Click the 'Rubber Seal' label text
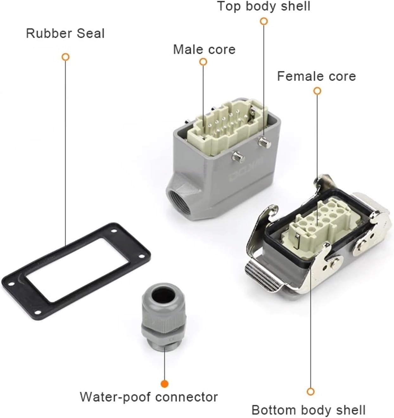[65, 33]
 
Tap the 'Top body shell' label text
[264, 6]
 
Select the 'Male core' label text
[204, 50]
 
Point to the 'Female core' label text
[316, 76]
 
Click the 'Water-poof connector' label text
[149, 397]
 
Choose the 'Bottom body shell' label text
[308, 410]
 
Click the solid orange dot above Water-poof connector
[164, 384]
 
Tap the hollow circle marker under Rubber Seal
[66, 57]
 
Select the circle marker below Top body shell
[264, 21]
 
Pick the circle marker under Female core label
[317, 91]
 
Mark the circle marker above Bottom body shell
[310, 391]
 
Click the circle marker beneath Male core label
[203, 62]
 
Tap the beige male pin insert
[222, 125]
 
